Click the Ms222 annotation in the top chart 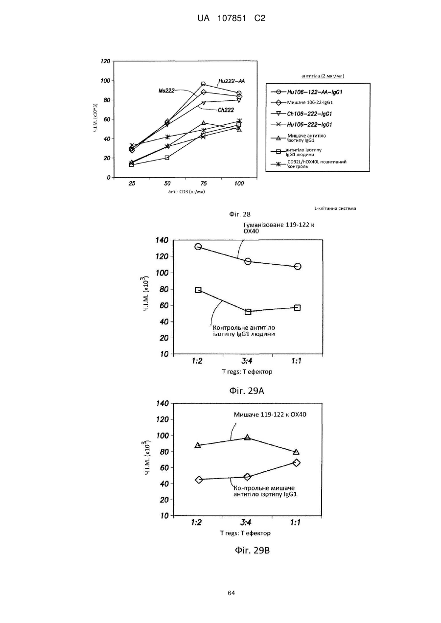(166, 91)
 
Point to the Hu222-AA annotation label (232, 81)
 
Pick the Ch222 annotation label (226, 110)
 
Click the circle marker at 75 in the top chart (203, 84)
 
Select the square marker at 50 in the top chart (167, 158)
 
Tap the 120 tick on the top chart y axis (105, 61)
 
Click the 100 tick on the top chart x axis (239, 184)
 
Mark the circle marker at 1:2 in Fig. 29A (198, 247)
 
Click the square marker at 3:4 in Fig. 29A (248, 312)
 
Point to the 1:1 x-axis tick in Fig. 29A (297, 361)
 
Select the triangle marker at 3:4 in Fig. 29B (247, 437)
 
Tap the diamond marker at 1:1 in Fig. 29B (297, 463)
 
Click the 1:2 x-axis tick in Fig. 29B (196, 523)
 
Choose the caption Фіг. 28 (239, 214)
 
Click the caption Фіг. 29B (253, 551)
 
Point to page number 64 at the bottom (231, 593)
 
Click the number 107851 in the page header (232, 19)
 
